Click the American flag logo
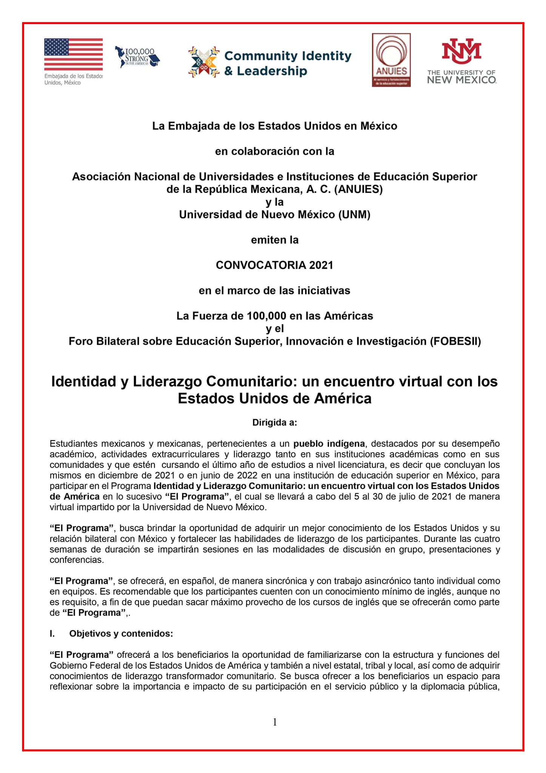73,54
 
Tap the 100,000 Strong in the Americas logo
137,57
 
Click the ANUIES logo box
391,60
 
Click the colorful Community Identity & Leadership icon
204,62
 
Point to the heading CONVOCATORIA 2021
275,265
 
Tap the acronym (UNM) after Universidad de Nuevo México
354,215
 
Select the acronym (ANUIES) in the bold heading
358,189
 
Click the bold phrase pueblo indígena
329,443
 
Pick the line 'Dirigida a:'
275,422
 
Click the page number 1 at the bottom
275,722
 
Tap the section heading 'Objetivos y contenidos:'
121,634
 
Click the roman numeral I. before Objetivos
52,634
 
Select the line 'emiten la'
275,240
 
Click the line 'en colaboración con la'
275,151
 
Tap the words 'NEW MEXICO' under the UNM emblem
461,80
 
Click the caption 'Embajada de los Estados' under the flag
73,76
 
